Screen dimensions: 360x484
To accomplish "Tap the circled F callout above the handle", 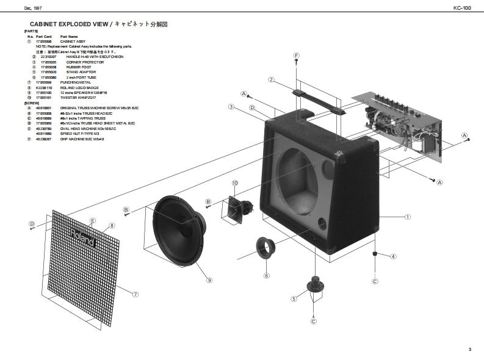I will pos(296,56).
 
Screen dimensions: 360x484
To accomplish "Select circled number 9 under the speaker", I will pos(209,280).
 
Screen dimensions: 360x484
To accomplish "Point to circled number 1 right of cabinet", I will pos(408,216).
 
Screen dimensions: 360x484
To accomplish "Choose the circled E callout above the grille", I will pos(92,220).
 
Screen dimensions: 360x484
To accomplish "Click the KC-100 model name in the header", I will pos(462,8).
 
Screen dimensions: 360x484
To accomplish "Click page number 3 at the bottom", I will pos(469,349).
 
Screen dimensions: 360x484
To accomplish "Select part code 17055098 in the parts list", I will pos(44,41).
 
